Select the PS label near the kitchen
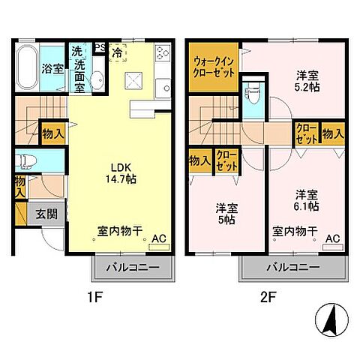99,49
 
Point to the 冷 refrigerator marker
118,54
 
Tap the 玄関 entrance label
46,214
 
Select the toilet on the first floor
25,160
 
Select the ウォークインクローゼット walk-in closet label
215,67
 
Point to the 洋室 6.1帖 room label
305,199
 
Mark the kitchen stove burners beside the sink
163,55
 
